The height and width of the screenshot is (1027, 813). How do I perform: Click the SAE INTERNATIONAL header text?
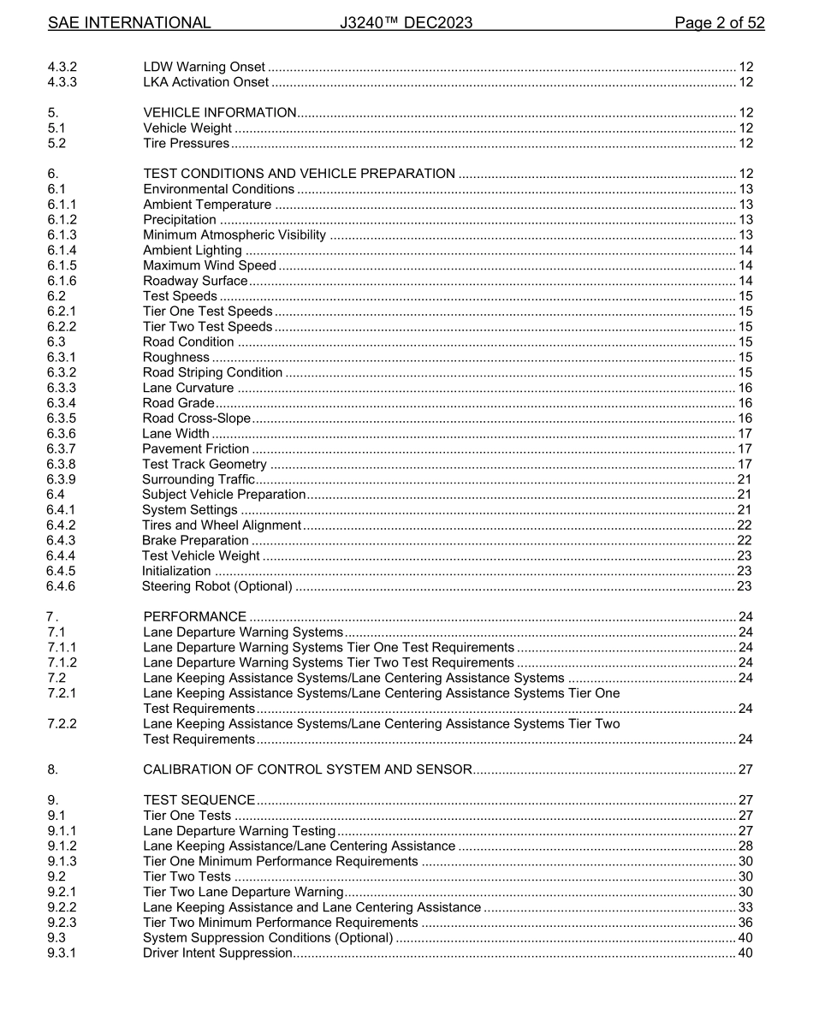point(129,23)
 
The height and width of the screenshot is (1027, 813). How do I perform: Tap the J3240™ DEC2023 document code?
point(406,23)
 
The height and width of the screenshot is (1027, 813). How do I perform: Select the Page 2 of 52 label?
point(719,23)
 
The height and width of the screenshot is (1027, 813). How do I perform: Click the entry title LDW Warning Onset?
point(204,67)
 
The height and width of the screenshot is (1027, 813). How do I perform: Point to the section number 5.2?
point(56,143)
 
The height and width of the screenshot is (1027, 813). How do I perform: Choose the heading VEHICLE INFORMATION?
point(219,112)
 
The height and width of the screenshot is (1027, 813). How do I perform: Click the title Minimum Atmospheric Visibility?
point(234,234)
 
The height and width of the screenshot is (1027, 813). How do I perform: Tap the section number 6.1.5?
point(62,265)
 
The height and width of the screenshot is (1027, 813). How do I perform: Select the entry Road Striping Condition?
point(212,372)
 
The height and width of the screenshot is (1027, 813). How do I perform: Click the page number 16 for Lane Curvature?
point(745,388)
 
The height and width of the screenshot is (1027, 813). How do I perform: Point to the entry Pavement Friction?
point(196,448)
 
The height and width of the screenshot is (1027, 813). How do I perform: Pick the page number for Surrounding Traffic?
point(745,479)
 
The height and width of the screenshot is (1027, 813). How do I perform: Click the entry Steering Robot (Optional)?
point(217,586)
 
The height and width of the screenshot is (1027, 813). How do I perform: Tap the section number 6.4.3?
point(61,540)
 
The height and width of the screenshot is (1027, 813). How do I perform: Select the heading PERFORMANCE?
point(194,616)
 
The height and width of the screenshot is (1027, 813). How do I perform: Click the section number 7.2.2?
point(62,723)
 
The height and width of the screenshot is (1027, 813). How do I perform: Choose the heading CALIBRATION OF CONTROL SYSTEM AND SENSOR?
point(307,769)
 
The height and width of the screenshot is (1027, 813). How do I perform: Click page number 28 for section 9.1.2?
point(745,846)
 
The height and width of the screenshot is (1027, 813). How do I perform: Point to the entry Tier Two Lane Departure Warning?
point(243,892)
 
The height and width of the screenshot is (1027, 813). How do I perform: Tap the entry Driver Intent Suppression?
point(217,953)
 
